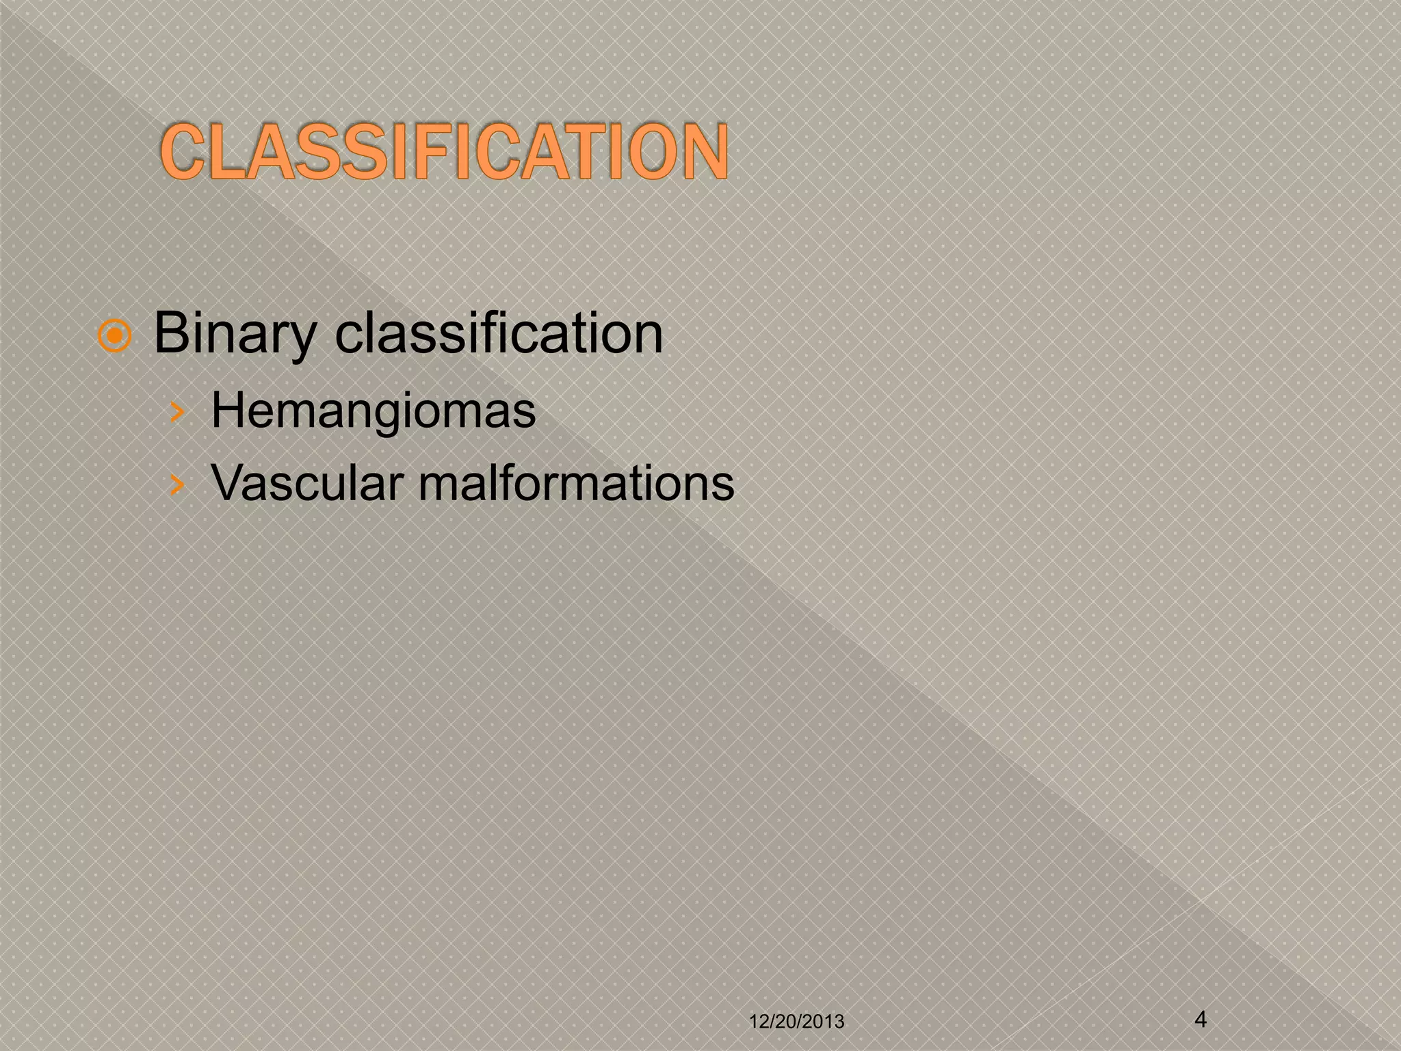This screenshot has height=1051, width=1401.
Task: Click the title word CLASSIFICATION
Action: pyautogui.click(x=445, y=151)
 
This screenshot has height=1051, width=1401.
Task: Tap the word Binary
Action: pyautogui.click(x=235, y=335)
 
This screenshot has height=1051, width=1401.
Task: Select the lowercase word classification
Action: pyautogui.click(x=499, y=333)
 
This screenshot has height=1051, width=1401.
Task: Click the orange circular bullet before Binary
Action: pyautogui.click(x=114, y=336)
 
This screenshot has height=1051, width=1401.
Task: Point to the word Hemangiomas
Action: pyautogui.click(x=374, y=411)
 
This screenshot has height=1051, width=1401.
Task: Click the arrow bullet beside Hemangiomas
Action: pyautogui.click(x=177, y=412)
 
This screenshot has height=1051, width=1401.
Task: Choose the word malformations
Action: pyautogui.click(x=577, y=483)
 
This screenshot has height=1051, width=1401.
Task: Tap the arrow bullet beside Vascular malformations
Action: pyautogui.click(x=177, y=484)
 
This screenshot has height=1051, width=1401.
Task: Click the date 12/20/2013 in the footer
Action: pyautogui.click(x=796, y=1022)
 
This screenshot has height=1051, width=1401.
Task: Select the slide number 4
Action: pyautogui.click(x=1200, y=1019)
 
